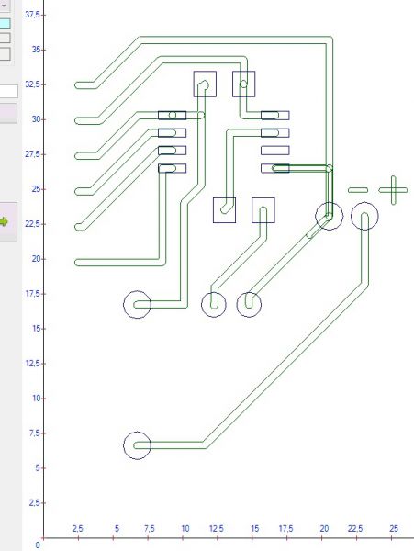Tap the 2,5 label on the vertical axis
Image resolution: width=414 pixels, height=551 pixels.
pyautogui.click(x=34, y=503)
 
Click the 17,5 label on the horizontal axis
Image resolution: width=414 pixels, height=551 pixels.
pyautogui.click(x=285, y=529)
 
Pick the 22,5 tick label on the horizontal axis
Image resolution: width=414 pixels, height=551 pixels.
pyautogui.click(x=355, y=529)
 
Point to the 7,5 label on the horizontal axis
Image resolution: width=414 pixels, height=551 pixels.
pyautogui.click(x=150, y=529)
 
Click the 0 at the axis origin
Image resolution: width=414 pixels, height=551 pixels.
pyautogui.click(x=38, y=545)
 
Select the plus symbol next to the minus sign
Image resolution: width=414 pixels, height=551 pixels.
pyautogui.click(x=393, y=190)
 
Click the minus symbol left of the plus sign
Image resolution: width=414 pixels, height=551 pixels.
pyautogui.click(x=358, y=190)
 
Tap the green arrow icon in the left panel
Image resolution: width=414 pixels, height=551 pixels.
pyautogui.click(x=4, y=221)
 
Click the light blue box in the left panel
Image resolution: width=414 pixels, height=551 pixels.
pyautogui.click(x=5, y=24)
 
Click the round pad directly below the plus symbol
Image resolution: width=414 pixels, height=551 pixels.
pyautogui.click(x=364, y=216)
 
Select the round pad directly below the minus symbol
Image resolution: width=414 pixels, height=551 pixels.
pyautogui.click(x=329, y=216)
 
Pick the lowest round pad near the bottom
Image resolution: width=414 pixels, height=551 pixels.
pyautogui.click(x=138, y=445)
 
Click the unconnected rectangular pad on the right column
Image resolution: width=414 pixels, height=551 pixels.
pyautogui.click(x=275, y=151)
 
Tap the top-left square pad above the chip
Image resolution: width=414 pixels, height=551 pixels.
pyautogui.click(x=205, y=84)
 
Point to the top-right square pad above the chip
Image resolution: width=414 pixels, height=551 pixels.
pyautogui.click(x=243, y=84)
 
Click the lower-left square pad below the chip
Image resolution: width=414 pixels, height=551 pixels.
pyautogui.click(x=224, y=210)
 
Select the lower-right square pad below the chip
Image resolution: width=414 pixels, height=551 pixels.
pyautogui.click(x=263, y=210)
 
